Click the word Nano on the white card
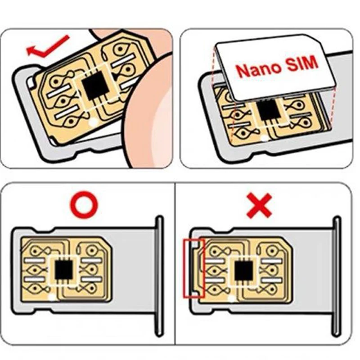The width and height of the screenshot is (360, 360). point(259,69)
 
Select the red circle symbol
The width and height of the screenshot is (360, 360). point(85,205)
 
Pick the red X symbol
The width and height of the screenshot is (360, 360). point(259,205)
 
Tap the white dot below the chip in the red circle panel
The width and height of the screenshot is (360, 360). point(52,297)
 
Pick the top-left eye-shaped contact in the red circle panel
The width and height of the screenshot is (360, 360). point(35,251)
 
